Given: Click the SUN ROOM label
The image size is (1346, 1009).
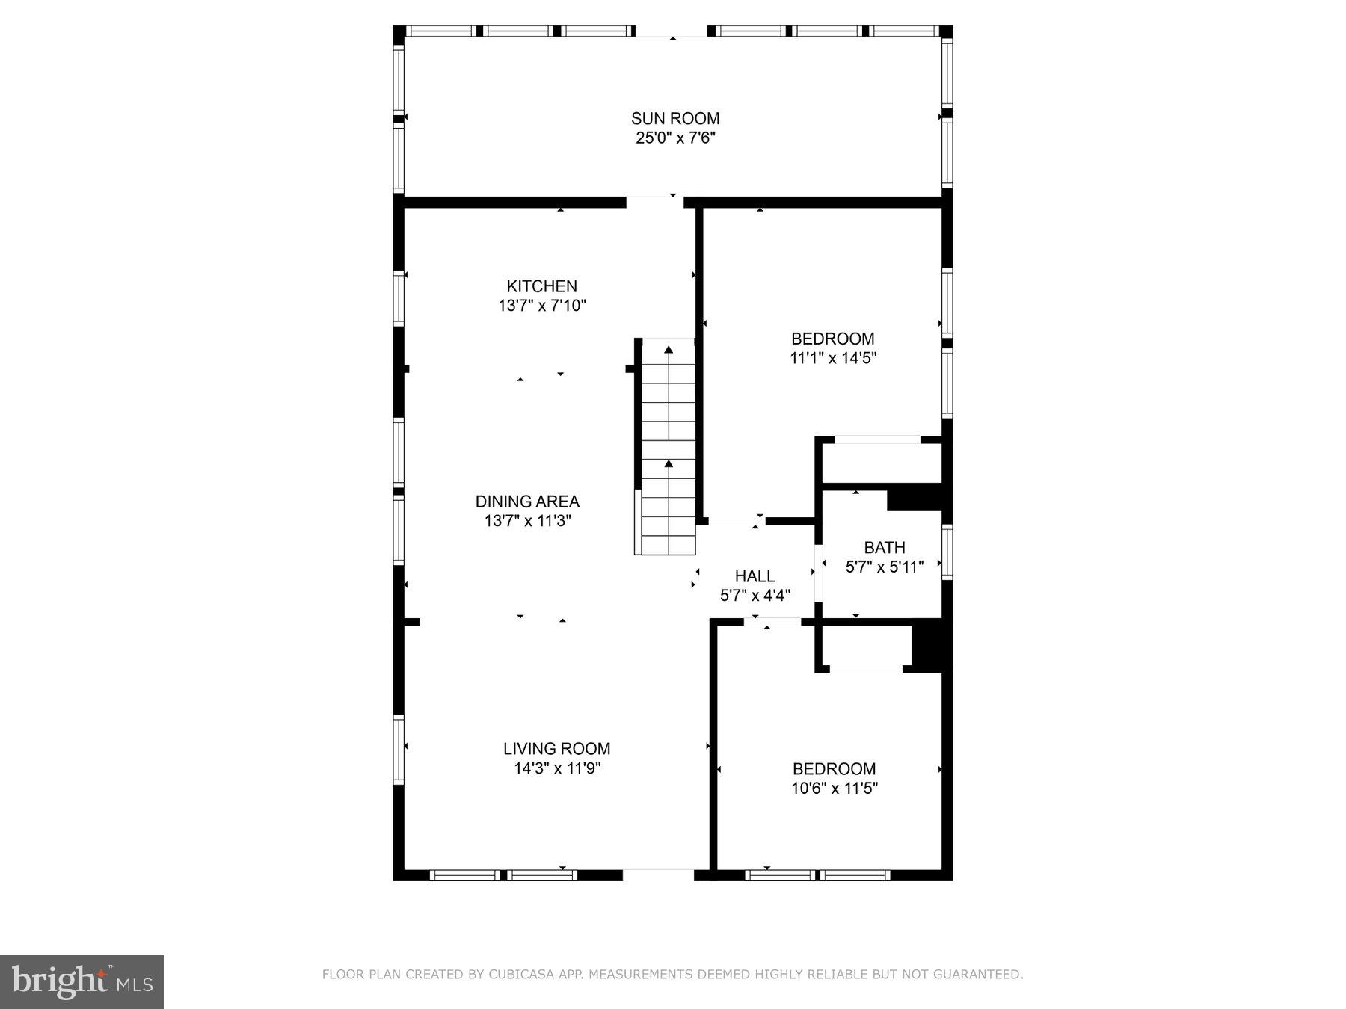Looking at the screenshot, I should click(674, 118).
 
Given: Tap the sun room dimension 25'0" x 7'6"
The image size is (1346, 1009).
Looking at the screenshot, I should click(674, 138).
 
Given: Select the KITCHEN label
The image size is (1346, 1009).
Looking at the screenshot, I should click(541, 286).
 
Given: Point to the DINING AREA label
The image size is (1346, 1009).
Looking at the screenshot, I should click(527, 502).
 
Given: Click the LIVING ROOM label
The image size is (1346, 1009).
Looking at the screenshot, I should click(556, 748).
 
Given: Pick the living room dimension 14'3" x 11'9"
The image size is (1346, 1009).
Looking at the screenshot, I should click(556, 768).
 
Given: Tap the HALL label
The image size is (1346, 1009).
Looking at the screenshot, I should click(755, 576).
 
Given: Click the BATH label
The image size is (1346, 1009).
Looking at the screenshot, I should click(884, 548).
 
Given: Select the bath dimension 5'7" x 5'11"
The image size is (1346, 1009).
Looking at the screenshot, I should click(884, 567).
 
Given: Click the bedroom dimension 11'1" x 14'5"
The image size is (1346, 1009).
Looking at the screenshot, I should click(832, 358).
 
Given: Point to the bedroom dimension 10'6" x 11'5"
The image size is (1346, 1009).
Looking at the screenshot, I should click(834, 788).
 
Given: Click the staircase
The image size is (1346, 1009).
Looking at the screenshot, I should click(668, 448).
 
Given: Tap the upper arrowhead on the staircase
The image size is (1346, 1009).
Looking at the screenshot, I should click(669, 349).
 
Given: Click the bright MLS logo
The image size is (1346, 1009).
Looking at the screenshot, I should click(82, 981).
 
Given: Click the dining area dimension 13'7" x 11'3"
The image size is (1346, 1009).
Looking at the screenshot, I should click(527, 521).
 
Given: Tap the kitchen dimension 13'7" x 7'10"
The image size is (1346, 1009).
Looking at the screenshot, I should click(541, 306).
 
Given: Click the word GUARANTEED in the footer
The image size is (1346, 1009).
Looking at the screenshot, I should click(980, 975).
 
